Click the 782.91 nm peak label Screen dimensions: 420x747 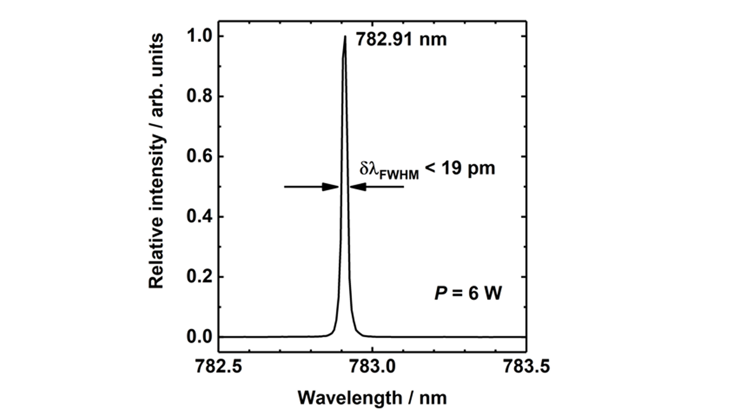coord(401,40)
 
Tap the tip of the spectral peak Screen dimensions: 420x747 coord(345,37)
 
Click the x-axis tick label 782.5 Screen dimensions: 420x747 coord(219,366)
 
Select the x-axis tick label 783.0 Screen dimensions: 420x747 coord(372,366)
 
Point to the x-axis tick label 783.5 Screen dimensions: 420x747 coord(526,366)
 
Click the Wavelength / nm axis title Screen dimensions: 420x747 coord(372,398)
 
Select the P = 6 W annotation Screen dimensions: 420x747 coord(468,293)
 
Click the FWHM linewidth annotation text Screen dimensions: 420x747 coord(427,170)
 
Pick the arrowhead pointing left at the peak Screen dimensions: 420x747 coord(357,187)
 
